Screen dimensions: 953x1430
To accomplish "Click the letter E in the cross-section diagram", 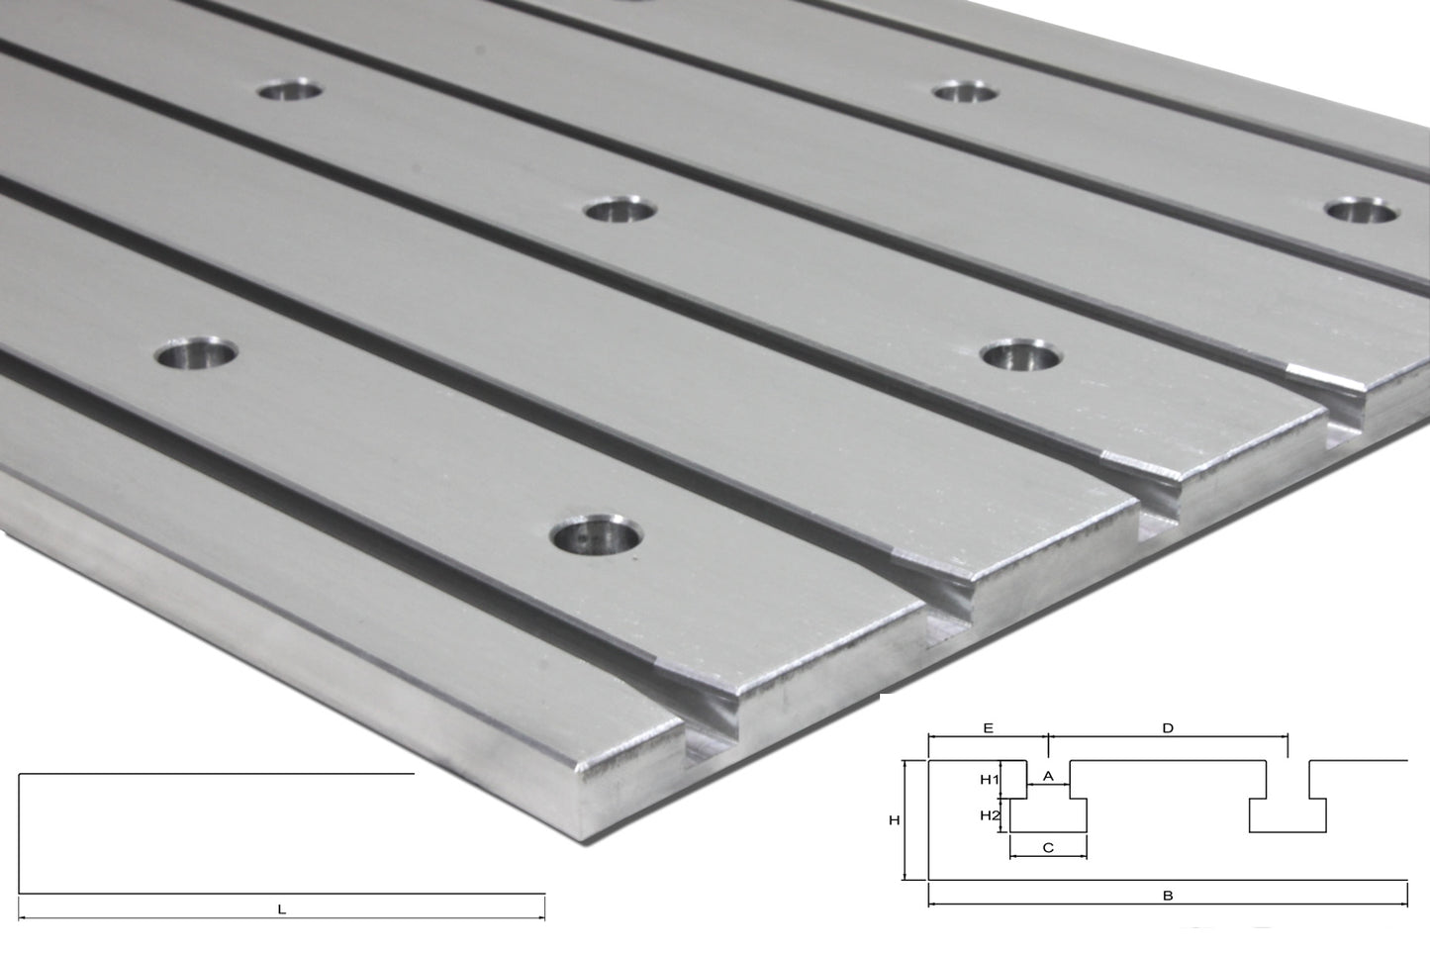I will click(987, 727).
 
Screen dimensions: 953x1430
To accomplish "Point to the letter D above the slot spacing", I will click(1168, 727).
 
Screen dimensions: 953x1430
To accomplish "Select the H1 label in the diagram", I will click(990, 779).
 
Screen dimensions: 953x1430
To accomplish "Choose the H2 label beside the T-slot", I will click(990, 815).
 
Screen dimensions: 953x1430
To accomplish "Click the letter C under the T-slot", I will click(1048, 847).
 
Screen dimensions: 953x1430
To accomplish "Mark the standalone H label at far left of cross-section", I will click(894, 819).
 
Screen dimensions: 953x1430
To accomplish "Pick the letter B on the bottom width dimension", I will click(1168, 896).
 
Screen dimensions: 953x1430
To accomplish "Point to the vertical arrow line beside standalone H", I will click(906, 819).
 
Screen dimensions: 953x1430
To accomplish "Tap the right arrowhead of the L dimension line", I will click(541, 919).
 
